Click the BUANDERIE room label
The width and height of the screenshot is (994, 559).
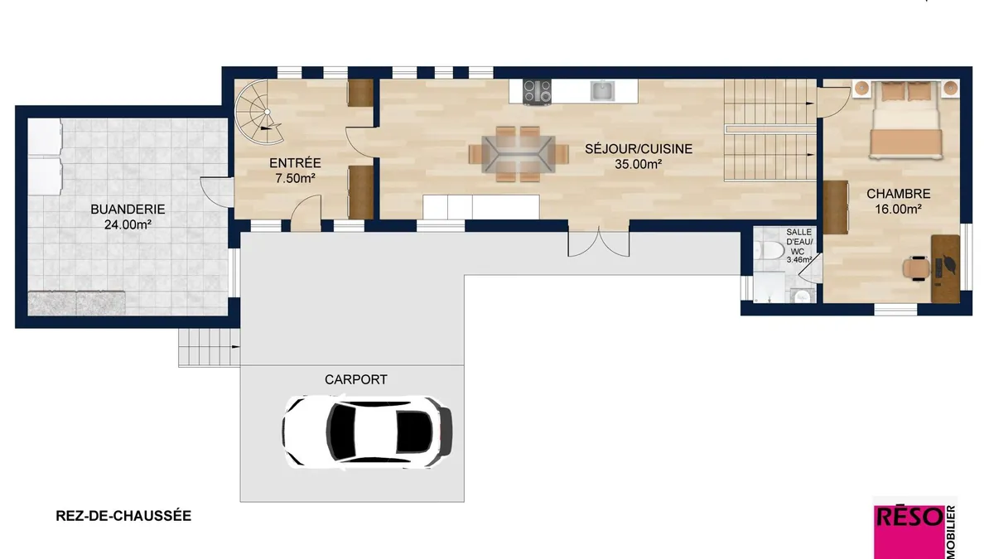coord(128,209)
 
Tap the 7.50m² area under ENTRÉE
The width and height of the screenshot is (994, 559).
coord(295,178)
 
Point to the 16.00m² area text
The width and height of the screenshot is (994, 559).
coord(899,209)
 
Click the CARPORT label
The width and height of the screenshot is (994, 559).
coord(356,379)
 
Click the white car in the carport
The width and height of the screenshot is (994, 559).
coord(367,431)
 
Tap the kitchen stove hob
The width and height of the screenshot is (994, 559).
coord(537,92)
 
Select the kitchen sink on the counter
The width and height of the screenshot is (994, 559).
coord(603,91)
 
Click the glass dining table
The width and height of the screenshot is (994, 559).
coord(519,154)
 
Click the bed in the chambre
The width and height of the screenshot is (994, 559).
coord(905,120)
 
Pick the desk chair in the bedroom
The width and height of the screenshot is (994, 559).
coord(916,268)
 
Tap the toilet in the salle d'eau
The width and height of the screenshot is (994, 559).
coord(770,250)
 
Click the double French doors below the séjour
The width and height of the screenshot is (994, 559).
coord(599,242)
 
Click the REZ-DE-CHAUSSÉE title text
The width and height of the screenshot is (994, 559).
coord(123,516)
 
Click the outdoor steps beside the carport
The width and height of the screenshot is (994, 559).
coord(209,347)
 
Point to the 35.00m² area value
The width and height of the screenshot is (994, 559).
coord(638,164)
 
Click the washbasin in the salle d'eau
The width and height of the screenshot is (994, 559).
coord(803,296)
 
